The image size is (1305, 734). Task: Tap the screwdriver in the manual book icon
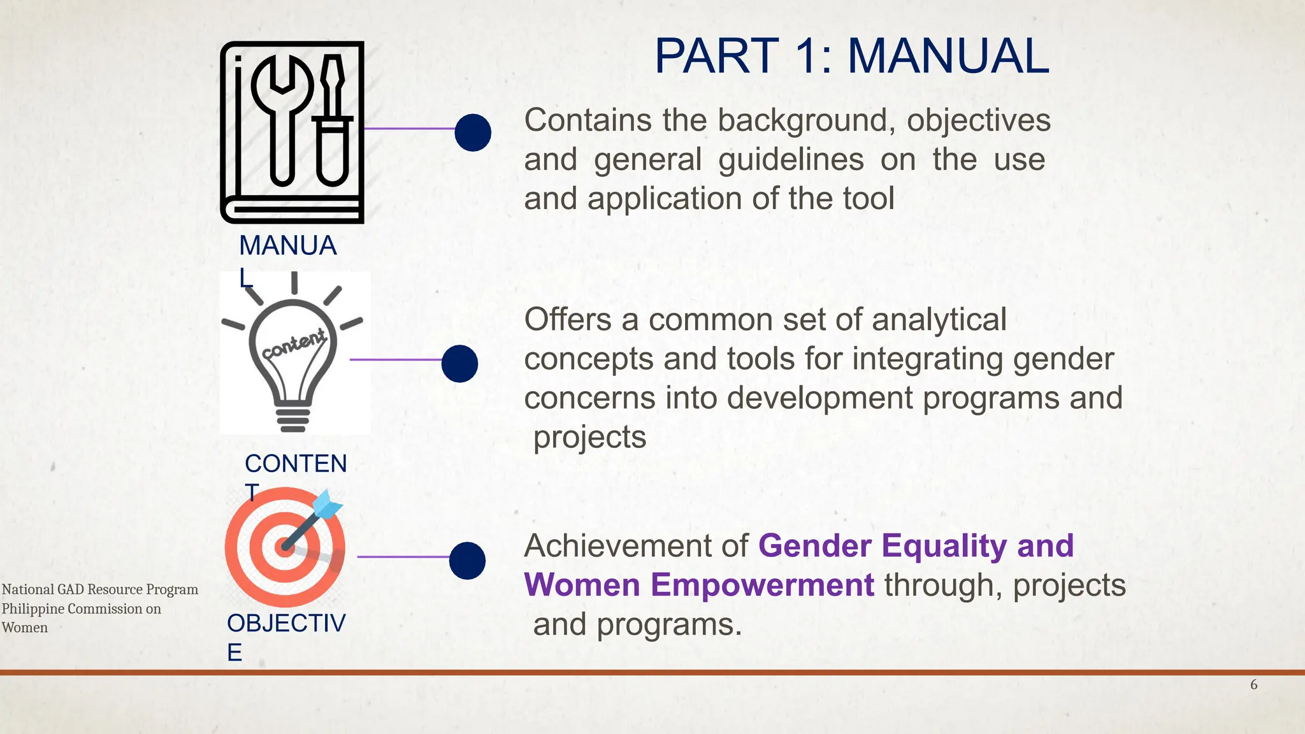pos(332,121)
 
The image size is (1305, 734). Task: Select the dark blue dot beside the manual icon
pos(473,133)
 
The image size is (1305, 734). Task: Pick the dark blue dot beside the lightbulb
pos(459,364)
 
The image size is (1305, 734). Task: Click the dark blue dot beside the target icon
pos(467,561)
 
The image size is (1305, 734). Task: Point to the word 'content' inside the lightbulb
pos(294,343)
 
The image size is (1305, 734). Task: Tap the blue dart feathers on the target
pos(328,504)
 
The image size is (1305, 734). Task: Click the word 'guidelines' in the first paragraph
pos(791,160)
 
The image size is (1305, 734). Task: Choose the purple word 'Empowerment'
pos(699,585)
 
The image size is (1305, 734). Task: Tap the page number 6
pos(1253,685)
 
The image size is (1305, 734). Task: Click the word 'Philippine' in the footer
pos(32,609)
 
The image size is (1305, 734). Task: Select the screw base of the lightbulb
pos(292,419)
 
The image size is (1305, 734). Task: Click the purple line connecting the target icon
pos(403,557)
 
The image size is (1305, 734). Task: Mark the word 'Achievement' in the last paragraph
pos(603,546)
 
